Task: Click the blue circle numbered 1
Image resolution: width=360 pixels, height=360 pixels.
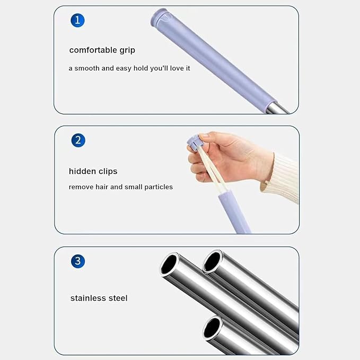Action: (77, 20)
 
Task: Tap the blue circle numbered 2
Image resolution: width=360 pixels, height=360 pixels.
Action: (78, 141)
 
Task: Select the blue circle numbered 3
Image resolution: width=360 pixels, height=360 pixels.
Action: (78, 261)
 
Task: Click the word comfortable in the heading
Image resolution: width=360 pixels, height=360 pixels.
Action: (93, 50)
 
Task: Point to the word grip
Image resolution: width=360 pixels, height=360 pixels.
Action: (127, 50)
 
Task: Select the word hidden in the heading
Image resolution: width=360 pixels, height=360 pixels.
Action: (82, 171)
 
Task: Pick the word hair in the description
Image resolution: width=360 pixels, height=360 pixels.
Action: (102, 187)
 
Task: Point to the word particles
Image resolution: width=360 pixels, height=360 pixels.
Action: (159, 187)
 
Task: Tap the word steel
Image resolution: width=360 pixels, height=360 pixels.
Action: (118, 298)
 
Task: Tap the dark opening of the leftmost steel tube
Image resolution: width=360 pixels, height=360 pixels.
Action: (169, 264)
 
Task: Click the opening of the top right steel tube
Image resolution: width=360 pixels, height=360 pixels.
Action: (213, 261)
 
